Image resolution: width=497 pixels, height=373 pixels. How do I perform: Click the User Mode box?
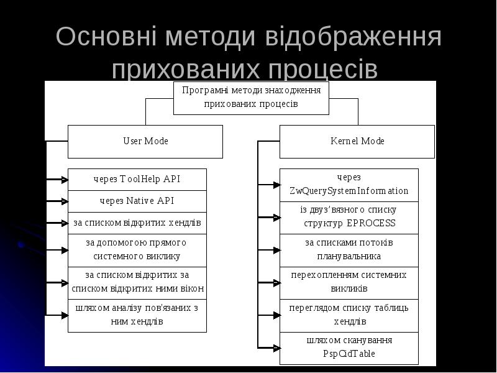(145, 141)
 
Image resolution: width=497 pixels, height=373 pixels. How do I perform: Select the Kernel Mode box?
(357, 141)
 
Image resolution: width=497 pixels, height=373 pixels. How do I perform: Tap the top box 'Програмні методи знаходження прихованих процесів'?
(251, 98)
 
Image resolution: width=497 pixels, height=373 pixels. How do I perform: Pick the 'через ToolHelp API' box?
(137, 179)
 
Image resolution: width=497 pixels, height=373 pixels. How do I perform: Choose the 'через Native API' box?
(137, 201)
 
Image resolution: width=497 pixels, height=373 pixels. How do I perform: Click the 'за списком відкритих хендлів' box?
(137, 223)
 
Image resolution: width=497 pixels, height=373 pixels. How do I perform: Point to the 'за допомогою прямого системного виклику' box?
(137, 249)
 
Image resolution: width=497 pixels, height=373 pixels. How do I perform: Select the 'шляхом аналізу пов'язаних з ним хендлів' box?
(137, 315)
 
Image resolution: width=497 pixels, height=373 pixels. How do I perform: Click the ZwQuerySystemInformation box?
(349, 185)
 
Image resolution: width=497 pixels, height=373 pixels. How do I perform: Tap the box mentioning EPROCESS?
(349, 217)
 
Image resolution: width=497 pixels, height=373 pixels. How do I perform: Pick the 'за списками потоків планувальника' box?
(349, 249)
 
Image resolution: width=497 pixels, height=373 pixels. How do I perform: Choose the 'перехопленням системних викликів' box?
(349, 282)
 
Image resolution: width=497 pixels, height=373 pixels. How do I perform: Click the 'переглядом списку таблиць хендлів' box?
(349, 315)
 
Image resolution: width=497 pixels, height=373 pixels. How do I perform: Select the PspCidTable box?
(349, 348)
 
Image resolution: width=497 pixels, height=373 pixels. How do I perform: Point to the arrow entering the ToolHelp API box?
(57, 180)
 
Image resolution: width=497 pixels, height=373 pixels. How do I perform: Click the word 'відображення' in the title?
(353, 38)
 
